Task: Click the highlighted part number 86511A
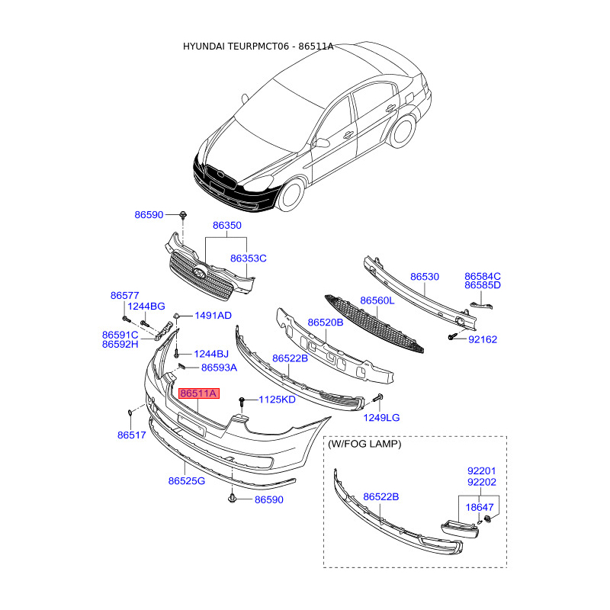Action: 199,393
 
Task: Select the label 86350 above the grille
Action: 226,225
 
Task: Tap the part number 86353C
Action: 249,258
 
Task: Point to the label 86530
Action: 425,277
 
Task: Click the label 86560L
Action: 377,300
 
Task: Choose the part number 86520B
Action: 326,322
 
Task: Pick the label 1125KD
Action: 277,400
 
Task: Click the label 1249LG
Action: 381,417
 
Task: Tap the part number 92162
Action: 483,339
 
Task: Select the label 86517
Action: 131,435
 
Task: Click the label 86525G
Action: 186,481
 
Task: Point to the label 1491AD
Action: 213,315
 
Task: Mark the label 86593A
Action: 219,368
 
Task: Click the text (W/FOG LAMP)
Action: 364,444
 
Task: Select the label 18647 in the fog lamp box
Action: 480,507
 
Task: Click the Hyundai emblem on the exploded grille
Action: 200,273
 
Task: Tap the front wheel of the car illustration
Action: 292,194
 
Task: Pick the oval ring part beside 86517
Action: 130,413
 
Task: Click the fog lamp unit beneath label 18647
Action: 460,529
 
